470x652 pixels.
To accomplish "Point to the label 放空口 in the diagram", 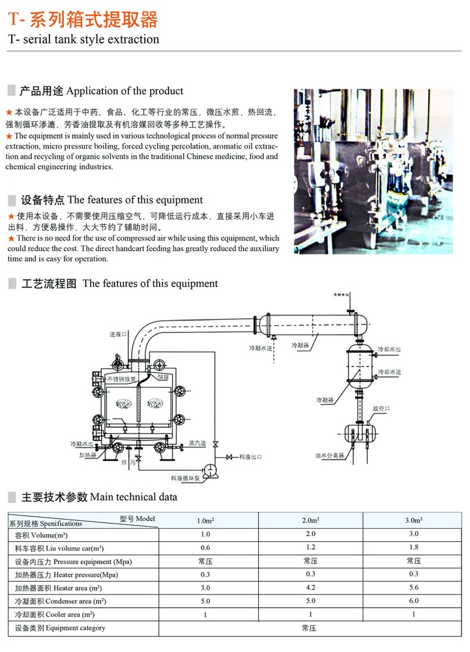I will click(381, 408).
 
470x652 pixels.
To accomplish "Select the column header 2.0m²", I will click(310, 521).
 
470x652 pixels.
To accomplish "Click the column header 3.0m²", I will click(414, 521).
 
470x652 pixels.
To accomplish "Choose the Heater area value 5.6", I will click(413, 587).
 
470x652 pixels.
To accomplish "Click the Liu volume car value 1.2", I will click(310, 547).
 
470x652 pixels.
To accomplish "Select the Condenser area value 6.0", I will click(413, 600).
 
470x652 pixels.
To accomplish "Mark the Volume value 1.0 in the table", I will click(205, 534).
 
